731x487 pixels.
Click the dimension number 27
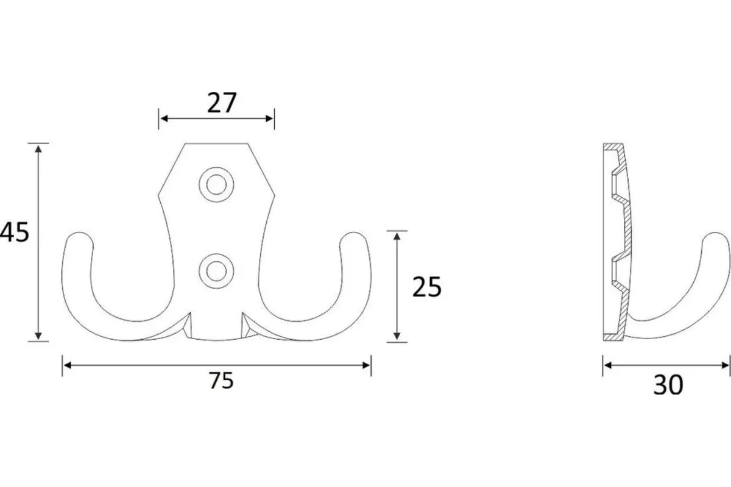pyautogui.click(x=222, y=103)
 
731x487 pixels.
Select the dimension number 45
pyautogui.click(x=15, y=232)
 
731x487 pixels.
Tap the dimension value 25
pyautogui.click(x=427, y=287)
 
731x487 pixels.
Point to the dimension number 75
pyautogui.click(x=221, y=380)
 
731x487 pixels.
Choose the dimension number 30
pyautogui.click(x=668, y=385)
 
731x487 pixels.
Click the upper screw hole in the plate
pyautogui.click(x=216, y=184)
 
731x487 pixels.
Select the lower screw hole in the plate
pyautogui.click(x=216, y=271)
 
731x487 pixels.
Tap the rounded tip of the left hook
pyautogui.click(x=79, y=237)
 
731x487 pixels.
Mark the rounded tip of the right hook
pyautogui.click(x=354, y=237)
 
